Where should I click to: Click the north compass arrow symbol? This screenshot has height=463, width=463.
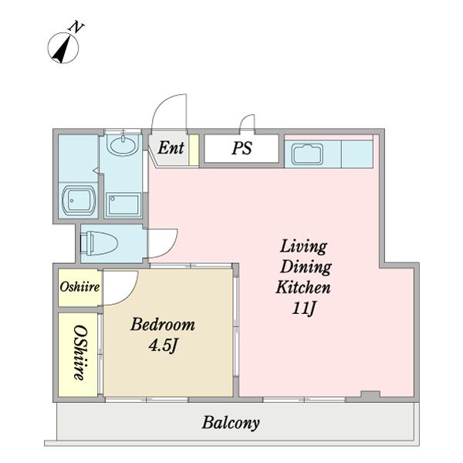click(x=63, y=48)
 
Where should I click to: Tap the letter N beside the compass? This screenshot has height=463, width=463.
click(x=76, y=26)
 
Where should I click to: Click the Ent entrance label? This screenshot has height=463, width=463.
click(x=171, y=147)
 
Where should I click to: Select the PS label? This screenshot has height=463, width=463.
click(x=242, y=147)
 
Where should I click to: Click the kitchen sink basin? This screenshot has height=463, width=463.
click(x=307, y=154)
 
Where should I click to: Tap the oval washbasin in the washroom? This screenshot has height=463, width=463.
click(x=123, y=145)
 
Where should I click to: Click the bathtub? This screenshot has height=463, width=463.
click(x=79, y=200)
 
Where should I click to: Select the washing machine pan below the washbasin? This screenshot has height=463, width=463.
click(x=123, y=204)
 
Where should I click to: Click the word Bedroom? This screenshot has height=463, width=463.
click(x=163, y=324)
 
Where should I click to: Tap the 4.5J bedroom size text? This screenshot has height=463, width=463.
click(x=164, y=345)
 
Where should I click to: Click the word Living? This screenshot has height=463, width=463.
click(x=303, y=247)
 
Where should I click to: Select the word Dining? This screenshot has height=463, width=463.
click(x=306, y=267)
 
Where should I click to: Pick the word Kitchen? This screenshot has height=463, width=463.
click(x=303, y=287)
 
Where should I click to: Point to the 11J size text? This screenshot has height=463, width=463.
click(x=304, y=309)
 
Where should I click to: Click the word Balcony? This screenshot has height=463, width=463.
click(x=231, y=423)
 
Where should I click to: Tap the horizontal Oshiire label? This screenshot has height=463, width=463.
click(x=79, y=287)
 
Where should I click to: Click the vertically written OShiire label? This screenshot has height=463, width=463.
click(x=80, y=353)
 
